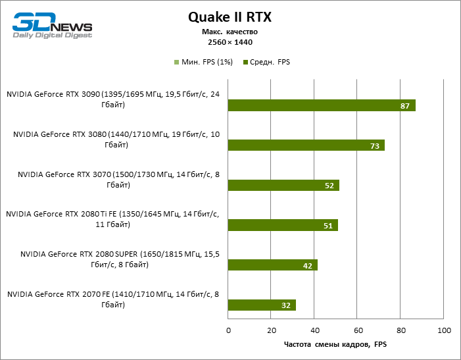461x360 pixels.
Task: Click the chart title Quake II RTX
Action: (230, 16)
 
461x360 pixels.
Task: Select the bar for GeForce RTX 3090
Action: (322, 105)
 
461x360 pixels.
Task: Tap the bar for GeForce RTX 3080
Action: (306, 145)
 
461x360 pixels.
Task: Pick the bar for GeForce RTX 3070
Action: (283, 185)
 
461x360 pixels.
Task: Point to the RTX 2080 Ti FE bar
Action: (282, 225)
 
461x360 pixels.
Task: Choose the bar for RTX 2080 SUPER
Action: (272, 265)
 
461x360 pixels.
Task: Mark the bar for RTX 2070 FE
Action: (262, 305)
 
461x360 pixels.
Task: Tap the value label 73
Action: (375, 145)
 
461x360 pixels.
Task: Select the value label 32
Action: (287, 305)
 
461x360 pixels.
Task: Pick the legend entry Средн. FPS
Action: (266, 63)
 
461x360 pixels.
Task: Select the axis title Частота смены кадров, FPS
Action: (335, 344)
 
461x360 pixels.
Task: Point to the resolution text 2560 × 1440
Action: (230, 41)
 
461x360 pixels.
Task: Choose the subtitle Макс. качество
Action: (230, 32)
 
